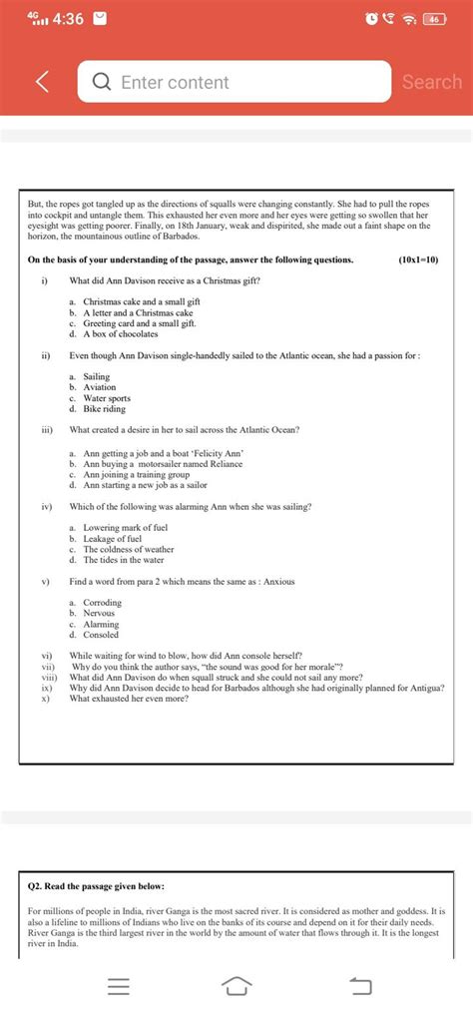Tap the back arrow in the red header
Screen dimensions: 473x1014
pos(42,82)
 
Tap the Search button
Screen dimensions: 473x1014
pos(431,82)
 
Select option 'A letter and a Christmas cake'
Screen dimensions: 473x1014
pos(138,312)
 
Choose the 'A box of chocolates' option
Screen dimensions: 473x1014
pos(121,334)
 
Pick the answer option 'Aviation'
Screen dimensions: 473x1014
pos(100,387)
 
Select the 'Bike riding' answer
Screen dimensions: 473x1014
pos(105,409)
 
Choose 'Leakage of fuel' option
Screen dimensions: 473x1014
pos(112,539)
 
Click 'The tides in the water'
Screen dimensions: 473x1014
pos(125,560)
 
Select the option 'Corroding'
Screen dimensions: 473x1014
pos(102,603)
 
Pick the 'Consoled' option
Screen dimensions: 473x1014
pos(101,635)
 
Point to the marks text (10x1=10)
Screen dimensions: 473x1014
pos(418,259)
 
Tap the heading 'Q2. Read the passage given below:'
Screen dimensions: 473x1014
pos(96,886)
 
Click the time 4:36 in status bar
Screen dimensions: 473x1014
pos(70,19)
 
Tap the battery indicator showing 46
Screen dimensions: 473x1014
pos(435,19)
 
